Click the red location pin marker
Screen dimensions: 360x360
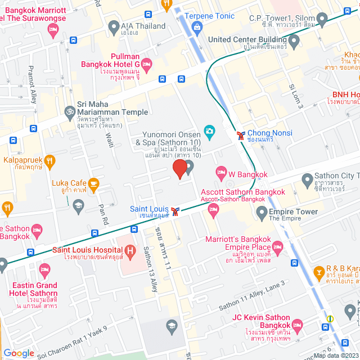pyautogui.click(x=179, y=169)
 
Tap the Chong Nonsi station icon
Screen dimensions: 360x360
pyautogui.click(x=241, y=135)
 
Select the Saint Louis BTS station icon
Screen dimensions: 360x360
pyautogui.click(x=177, y=211)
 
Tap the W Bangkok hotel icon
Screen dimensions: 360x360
pyautogui.click(x=222, y=171)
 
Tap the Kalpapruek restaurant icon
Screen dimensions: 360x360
pyautogui.click(x=51, y=162)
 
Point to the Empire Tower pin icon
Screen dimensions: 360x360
pyautogui.click(x=262, y=212)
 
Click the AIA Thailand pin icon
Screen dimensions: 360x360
pyautogui.click(x=114, y=26)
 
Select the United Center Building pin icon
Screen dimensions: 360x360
pyautogui.click(x=294, y=40)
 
